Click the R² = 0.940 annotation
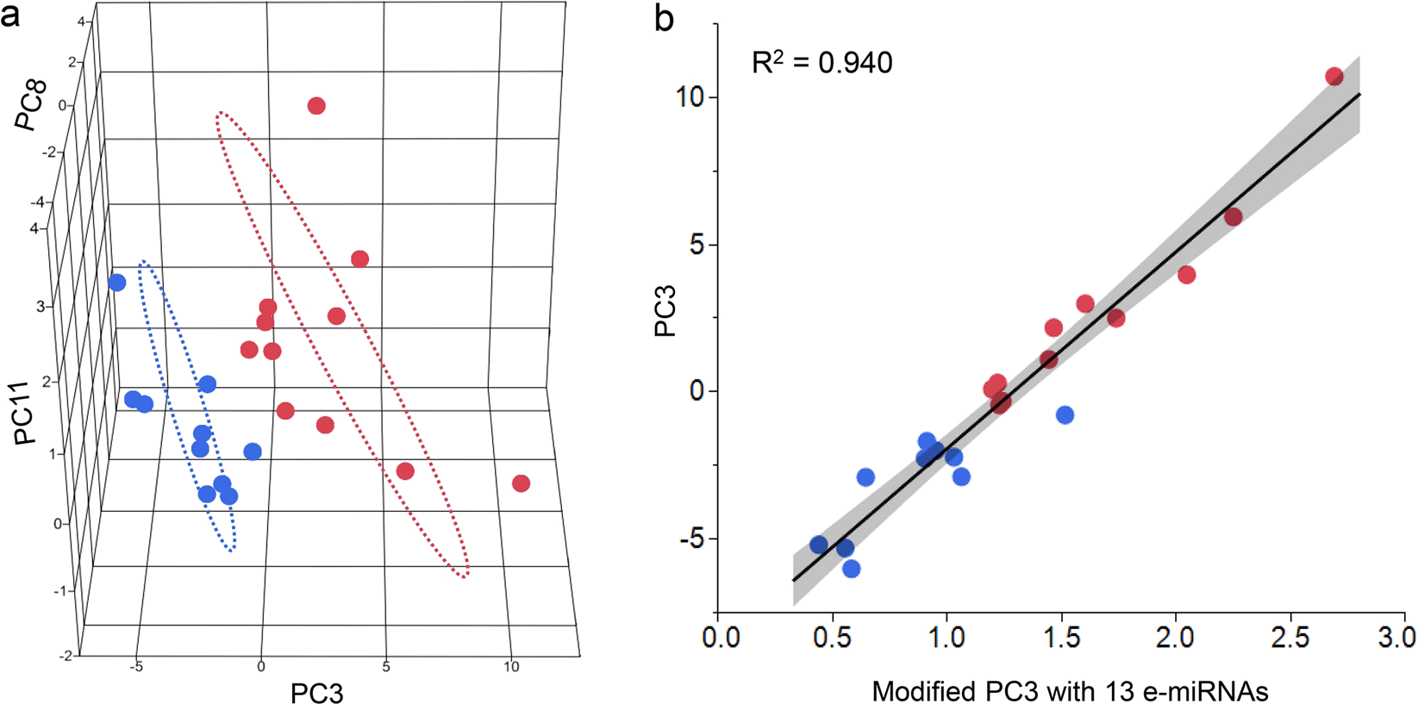[x=821, y=63]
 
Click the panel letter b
[x=664, y=17]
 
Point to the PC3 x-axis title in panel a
[x=316, y=692]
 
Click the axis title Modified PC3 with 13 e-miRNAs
[x=1070, y=690]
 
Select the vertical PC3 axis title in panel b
[x=665, y=311]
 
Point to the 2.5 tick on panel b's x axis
[x=1290, y=638]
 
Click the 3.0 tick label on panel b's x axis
[x=1397, y=638]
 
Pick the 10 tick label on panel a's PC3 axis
[x=511, y=666]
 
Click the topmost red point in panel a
[x=316, y=106]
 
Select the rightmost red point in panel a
[x=521, y=483]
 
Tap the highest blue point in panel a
[x=117, y=283]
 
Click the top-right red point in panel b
[x=1334, y=77]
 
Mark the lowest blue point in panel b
[x=851, y=569]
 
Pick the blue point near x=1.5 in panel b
[x=1065, y=415]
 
